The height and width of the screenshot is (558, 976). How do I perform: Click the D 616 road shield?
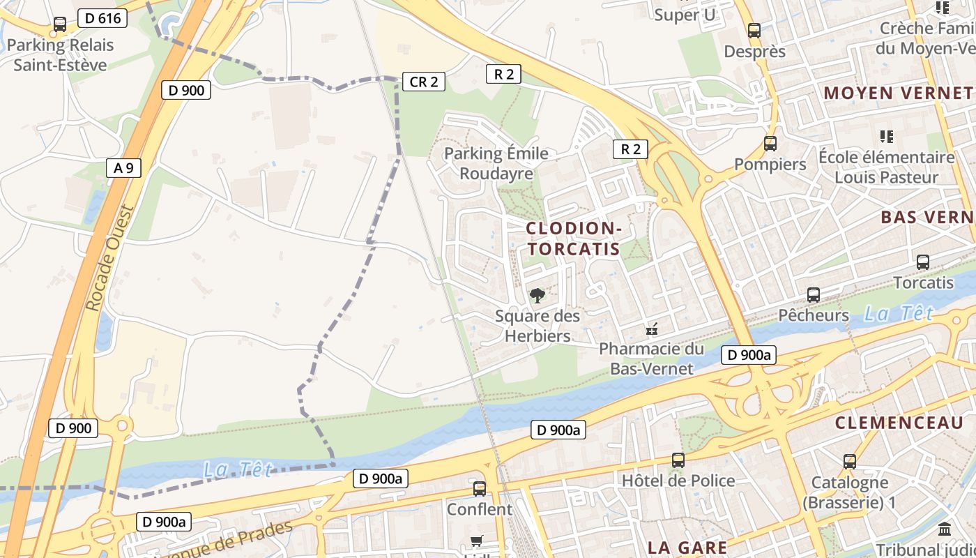pyautogui.click(x=102, y=19)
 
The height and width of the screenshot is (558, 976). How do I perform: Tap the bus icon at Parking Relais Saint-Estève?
pyautogui.click(x=60, y=24)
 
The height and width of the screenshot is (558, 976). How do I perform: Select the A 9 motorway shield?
pyautogui.click(x=123, y=167)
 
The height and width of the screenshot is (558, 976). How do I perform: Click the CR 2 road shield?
pyautogui.click(x=423, y=82)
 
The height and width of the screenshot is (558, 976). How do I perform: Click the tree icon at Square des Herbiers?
pyautogui.click(x=537, y=296)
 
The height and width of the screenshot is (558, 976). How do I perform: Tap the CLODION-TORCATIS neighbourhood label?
pyautogui.click(x=573, y=239)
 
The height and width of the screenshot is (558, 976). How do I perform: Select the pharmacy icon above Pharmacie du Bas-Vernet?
pyautogui.click(x=652, y=329)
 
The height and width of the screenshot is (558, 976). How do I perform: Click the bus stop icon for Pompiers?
pyautogui.click(x=770, y=144)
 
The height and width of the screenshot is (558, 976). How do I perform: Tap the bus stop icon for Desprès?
pyautogui.click(x=754, y=31)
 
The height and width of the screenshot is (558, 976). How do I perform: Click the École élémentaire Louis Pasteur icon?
pyautogui.click(x=887, y=136)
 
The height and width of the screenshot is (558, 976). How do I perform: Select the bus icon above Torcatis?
pyautogui.click(x=923, y=262)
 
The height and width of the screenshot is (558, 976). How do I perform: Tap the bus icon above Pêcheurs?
pyautogui.click(x=814, y=294)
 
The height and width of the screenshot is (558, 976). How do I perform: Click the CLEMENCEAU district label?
pyautogui.click(x=899, y=423)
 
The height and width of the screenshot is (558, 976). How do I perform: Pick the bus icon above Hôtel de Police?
pyautogui.click(x=678, y=460)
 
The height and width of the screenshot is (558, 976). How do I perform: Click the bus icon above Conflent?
pyautogui.click(x=479, y=488)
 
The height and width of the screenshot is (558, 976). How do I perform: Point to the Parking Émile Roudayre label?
pyautogui.click(x=496, y=163)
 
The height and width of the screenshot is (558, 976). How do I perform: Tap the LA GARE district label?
pyautogui.click(x=687, y=548)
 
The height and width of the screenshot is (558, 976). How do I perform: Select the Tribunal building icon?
pyautogui.click(x=945, y=529)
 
